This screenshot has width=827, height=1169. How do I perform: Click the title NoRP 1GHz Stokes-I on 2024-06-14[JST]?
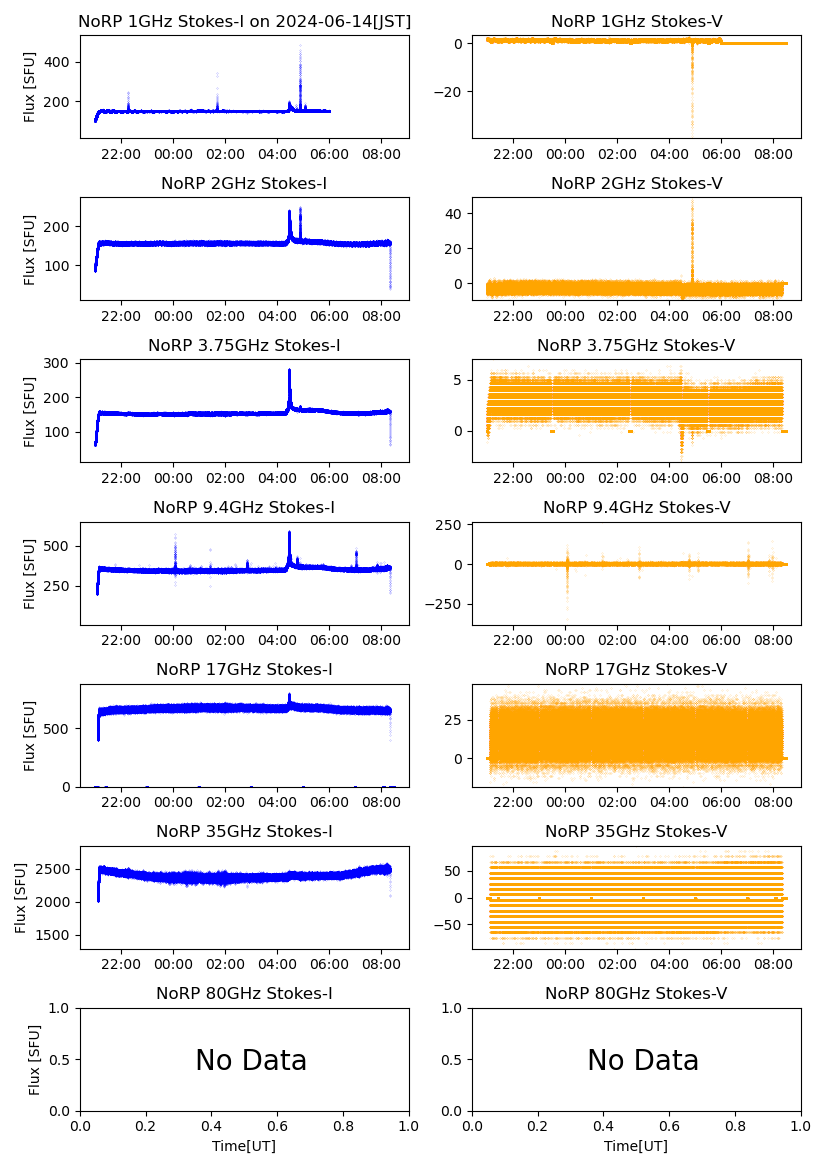[x=244, y=21]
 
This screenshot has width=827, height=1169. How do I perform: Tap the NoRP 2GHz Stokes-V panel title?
[x=636, y=183]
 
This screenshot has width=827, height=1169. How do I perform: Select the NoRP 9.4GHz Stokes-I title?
[x=244, y=507]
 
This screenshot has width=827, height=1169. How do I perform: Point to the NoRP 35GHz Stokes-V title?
[x=636, y=831]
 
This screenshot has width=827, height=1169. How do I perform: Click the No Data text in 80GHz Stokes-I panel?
[x=251, y=1060]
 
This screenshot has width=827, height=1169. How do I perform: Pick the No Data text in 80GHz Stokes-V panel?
[x=643, y=1060]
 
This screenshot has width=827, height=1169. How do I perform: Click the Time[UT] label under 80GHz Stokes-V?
[x=636, y=1145]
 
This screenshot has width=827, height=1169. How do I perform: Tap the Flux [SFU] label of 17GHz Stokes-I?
[x=30, y=735]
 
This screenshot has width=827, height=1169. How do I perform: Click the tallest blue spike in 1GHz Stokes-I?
[x=300, y=48]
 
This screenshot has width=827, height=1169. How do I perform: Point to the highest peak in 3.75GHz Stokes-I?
[x=289, y=371]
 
